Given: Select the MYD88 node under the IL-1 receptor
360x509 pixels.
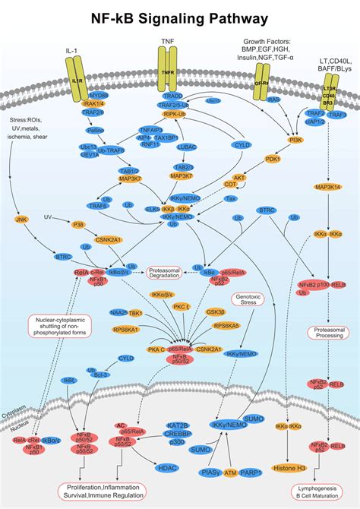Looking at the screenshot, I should point(99,96).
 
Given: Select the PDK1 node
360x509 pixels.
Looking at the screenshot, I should point(272,159).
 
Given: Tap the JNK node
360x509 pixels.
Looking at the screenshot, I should point(22,220).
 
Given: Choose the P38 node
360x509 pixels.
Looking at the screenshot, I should point(77,224).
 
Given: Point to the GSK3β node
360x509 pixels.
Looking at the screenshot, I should point(216,311).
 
